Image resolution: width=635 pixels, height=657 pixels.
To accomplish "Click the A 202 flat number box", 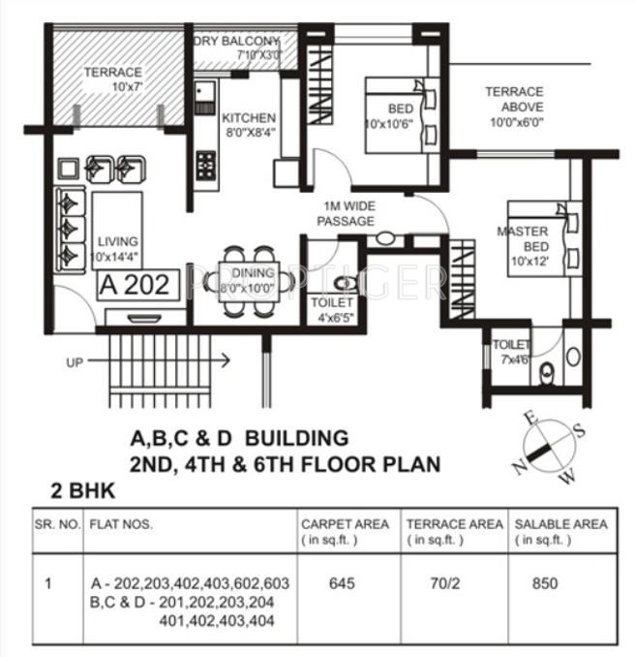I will [137, 284].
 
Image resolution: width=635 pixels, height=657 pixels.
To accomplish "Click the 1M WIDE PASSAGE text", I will [348, 214].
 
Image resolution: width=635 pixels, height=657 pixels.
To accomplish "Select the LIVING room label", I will [115, 248].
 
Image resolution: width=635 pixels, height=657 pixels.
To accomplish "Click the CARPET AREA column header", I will [344, 531].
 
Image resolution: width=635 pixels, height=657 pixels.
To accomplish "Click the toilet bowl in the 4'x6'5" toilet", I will [342, 283].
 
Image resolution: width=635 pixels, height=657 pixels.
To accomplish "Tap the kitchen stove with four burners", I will [206, 166].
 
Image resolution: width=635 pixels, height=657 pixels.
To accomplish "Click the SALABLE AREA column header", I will [561, 531].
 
